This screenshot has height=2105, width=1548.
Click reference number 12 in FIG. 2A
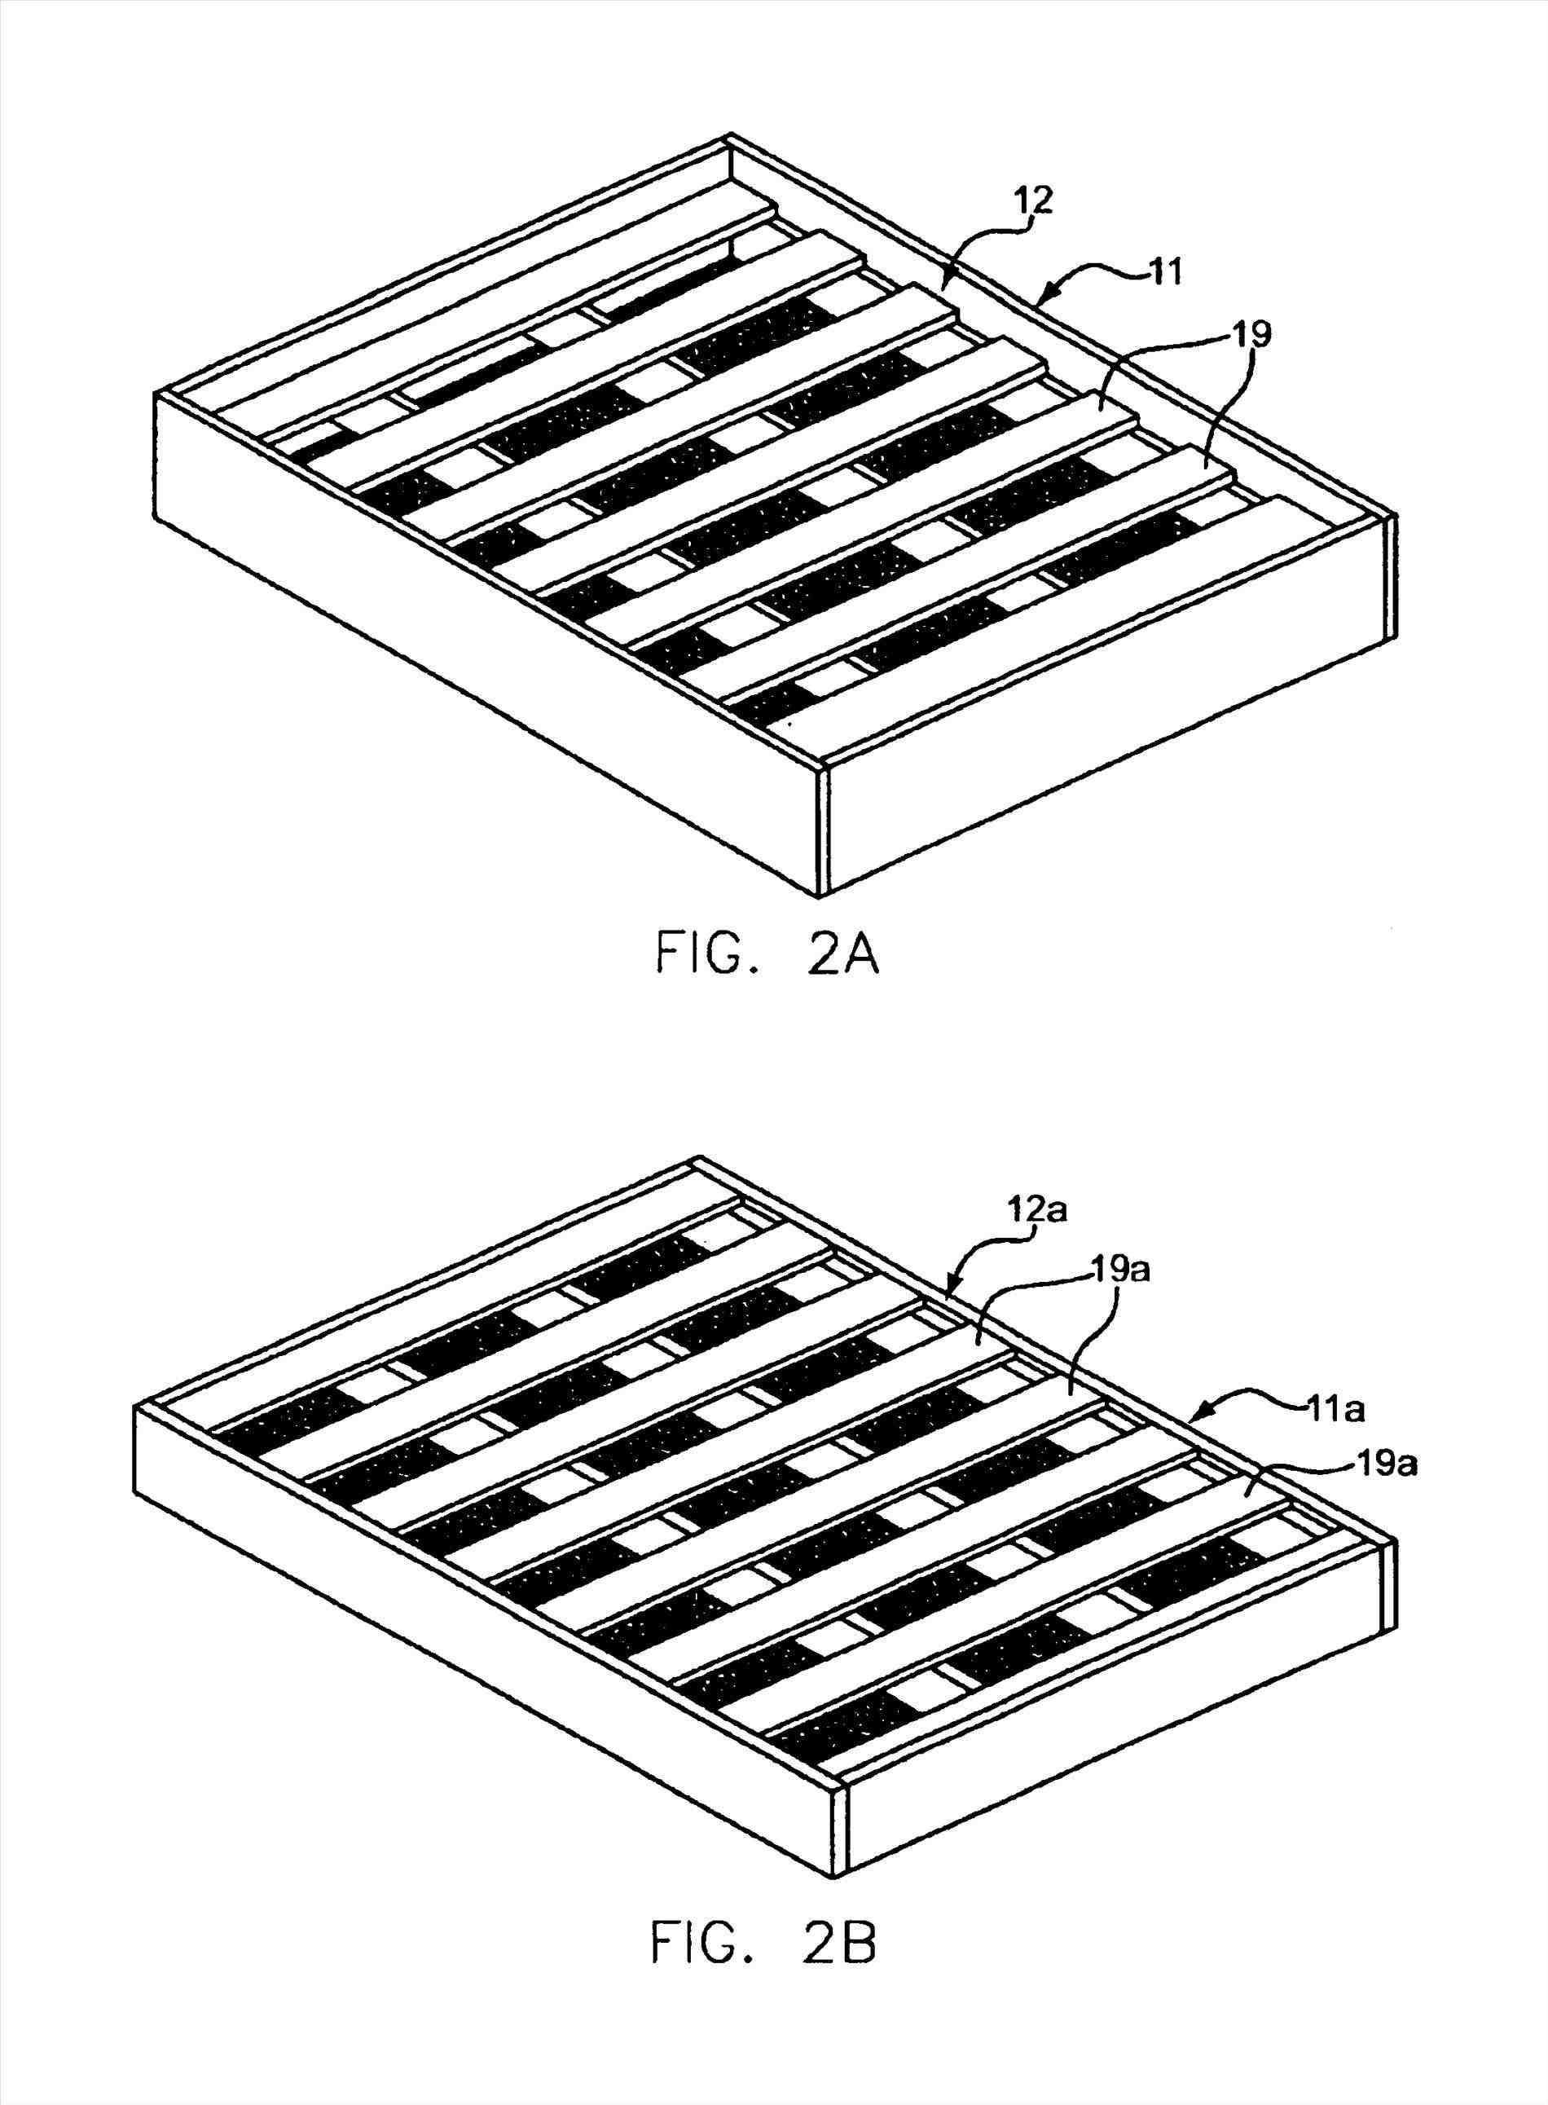click(x=1032, y=201)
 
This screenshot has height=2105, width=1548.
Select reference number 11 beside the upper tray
click(x=1163, y=274)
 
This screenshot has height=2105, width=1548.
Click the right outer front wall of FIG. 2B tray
click(x=1115, y=1762)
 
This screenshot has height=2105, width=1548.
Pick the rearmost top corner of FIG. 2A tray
click(x=730, y=138)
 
